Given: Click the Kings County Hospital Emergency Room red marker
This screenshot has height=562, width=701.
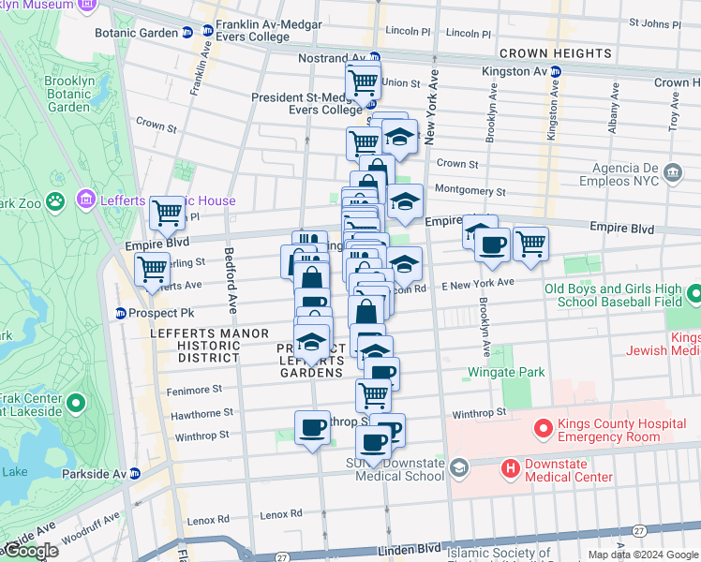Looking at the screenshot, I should click(x=542, y=430).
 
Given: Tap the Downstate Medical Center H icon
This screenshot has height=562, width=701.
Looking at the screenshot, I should click(x=510, y=467).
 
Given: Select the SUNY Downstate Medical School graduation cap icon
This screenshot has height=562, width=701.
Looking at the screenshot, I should click(x=458, y=466).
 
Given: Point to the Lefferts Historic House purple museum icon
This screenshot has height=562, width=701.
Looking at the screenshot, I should click(x=86, y=200).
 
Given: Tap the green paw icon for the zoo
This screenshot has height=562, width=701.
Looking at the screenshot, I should click(x=56, y=200).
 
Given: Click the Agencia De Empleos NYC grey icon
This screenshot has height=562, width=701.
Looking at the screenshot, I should click(x=672, y=172).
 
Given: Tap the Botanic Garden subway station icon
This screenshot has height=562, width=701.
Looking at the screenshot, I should click(x=186, y=32).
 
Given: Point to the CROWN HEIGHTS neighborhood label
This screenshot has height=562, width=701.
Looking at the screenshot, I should click(x=555, y=53).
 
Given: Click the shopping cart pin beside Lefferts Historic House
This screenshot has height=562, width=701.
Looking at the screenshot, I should click(x=167, y=213).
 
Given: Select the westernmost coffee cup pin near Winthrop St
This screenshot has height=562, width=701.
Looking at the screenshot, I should click(x=311, y=428).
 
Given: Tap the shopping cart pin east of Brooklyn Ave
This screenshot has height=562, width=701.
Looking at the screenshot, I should click(x=530, y=243).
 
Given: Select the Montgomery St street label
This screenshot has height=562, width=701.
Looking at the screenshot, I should click(x=470, y=191).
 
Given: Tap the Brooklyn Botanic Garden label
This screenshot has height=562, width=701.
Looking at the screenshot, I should click(x=67, y=94).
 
